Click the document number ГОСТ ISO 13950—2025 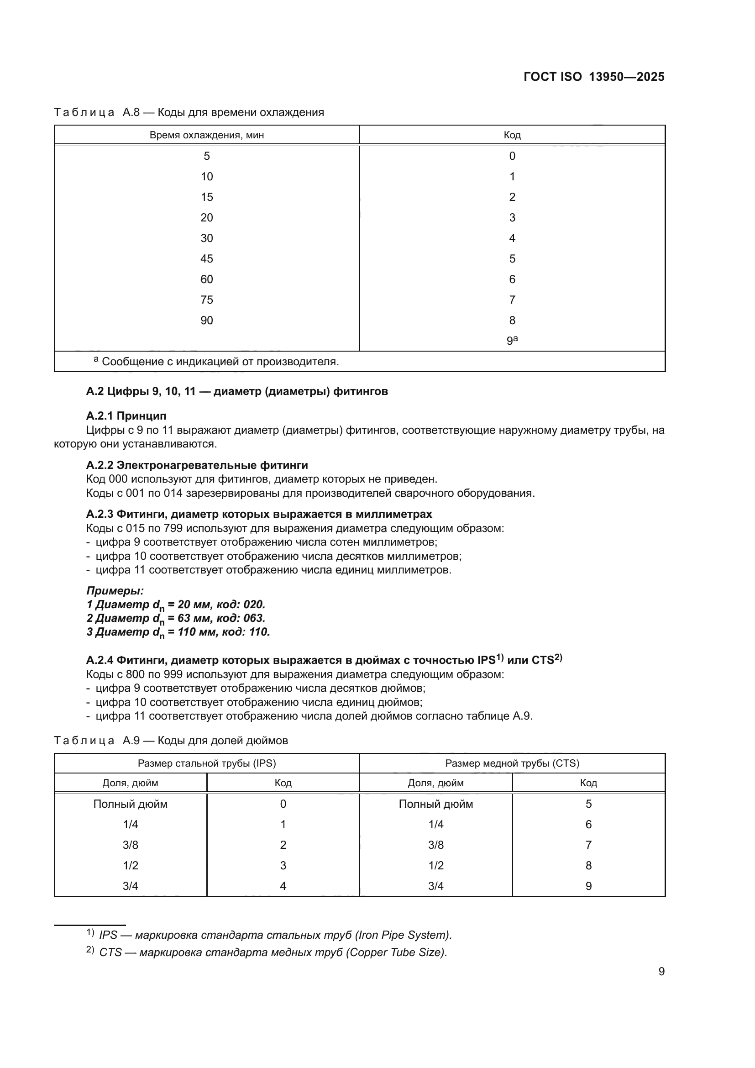pos(594,77)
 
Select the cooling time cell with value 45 pos(206,258)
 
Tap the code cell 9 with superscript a pos(512,340)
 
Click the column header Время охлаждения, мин pos(206,135)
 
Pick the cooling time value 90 pos(206,320)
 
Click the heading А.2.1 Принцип pos(126,416)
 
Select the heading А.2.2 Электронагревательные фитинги pos(197,465)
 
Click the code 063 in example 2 pos(254,618)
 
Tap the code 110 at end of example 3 pos(258,631)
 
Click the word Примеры pos(115,591)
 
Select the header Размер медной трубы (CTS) pos(512,763)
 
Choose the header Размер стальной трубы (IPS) pos(206,763)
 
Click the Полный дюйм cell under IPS pos(130,804)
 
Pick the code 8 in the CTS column pos(588,865)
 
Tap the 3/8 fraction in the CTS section pos(435,845)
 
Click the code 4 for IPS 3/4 pos(283,886)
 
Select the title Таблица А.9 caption pos(171,741)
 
